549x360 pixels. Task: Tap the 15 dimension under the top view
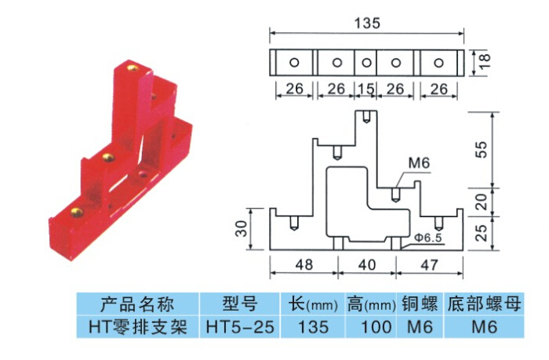pyautogui.click(x=366, y=89)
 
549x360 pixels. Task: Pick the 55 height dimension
pyautogui.click(x=485, y=149)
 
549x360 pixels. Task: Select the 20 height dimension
pyautogui.click(x=485, y=200)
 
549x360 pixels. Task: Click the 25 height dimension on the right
pyautogui.click(x=485, y=231)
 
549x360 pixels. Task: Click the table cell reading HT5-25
pyautogui.click(x=238, y=327)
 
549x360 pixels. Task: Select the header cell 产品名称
pyautogui.click(x=137, y=304)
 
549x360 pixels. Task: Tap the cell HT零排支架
pyautogui.click(x=137, y=327)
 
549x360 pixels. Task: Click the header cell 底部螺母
pyautogui.click(x=484, y=304)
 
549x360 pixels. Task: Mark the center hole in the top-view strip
pyautogui.click(x=366, y=63)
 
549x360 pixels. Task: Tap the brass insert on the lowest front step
pyautogui.click(x=76, y=209)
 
